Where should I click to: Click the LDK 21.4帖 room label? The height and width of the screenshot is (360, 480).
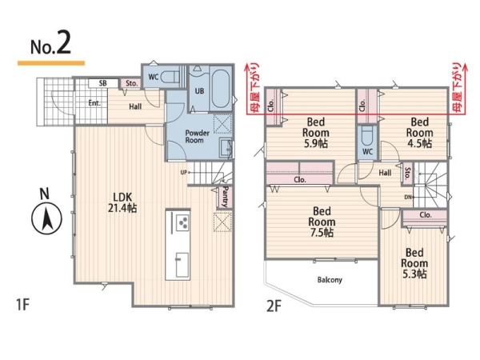point(122,202)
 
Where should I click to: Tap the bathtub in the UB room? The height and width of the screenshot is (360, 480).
point(221,89)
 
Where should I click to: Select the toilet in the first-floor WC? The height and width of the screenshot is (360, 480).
point(170,77)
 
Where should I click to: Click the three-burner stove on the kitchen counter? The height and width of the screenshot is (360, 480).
point(182,223)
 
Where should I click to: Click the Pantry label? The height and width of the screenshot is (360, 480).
point(226,196)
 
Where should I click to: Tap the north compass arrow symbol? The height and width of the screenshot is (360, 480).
point(46,219)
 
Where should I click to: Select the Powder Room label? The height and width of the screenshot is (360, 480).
point(197,137)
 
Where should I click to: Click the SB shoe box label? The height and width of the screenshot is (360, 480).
point(103,83)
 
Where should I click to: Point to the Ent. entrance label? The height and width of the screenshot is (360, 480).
point(94,103)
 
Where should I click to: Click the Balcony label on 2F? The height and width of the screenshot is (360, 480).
point(330,280)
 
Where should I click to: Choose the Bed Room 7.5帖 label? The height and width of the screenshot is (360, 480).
point(322,222)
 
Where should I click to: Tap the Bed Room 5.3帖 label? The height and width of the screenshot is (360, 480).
point(414,263)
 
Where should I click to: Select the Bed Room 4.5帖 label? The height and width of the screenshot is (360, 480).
point(419,133)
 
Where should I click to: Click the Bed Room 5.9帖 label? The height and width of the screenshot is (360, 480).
point(316,133)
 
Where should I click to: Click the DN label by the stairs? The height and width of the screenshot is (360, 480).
point(408,198)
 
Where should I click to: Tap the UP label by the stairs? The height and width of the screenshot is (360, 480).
point(184,172)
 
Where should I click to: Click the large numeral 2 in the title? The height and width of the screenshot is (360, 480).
point(63,43)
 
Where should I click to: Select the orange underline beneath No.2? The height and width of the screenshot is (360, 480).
point(51,63)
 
